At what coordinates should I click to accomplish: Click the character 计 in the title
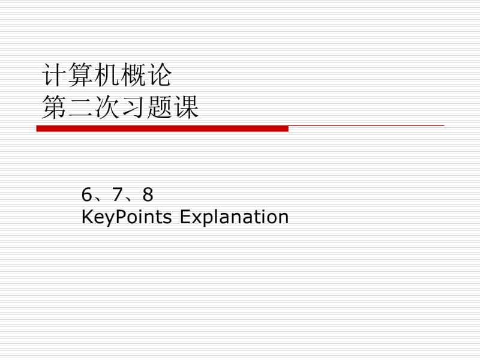(53, 76)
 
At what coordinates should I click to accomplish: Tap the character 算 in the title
(79, 76)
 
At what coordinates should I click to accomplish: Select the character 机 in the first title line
(106, 76)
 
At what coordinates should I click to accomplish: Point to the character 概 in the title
(132, 76)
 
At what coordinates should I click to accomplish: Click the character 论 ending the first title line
(159, 76)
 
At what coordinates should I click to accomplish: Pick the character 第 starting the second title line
(53, 108)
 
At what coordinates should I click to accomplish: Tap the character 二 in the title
(80, 108)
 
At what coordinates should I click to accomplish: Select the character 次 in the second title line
(106, 108)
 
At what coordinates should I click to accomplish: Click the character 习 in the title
(133, 108)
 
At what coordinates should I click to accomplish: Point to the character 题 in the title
(159, 108)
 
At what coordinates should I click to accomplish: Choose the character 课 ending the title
(185, 108)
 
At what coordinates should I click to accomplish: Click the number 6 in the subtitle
(87, 195)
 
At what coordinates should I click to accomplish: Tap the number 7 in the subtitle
(117, 195)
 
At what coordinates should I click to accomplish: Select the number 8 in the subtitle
(148, 195)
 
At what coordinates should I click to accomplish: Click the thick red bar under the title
(162, 128)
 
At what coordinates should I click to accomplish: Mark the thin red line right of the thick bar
(366, 125)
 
